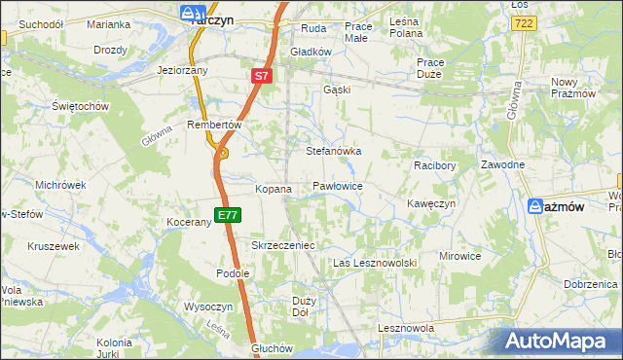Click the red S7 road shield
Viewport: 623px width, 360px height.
(x=261, y=75)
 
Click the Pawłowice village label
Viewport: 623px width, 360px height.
(x=338, y=185)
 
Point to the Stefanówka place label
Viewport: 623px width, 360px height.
(x=334, y=152)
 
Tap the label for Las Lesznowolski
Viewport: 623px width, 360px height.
(x=375, y=264)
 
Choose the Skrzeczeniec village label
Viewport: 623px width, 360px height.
(x=283, y=246)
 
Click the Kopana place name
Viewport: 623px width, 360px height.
(x=274, y=189)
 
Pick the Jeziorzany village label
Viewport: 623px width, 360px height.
(x=184, y=71)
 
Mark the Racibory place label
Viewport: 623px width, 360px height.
(x=434, y=166)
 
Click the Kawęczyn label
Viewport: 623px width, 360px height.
(x=431, y=204)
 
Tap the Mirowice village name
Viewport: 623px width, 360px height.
(x=460, y=256)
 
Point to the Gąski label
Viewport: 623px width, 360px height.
(x=337, y=90)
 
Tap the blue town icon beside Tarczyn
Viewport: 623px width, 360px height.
(x=190, y=13)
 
